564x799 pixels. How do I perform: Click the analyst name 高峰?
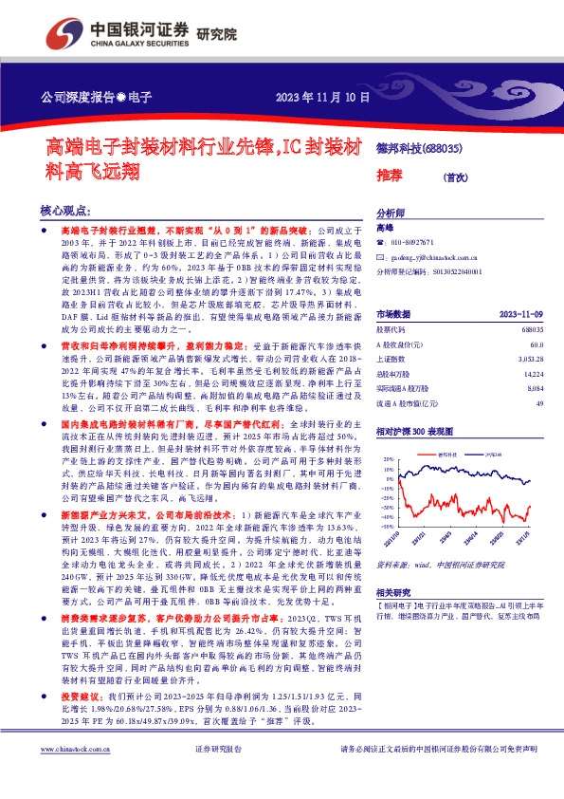point(384,229)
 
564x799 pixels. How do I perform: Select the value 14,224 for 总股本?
point(533,374)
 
